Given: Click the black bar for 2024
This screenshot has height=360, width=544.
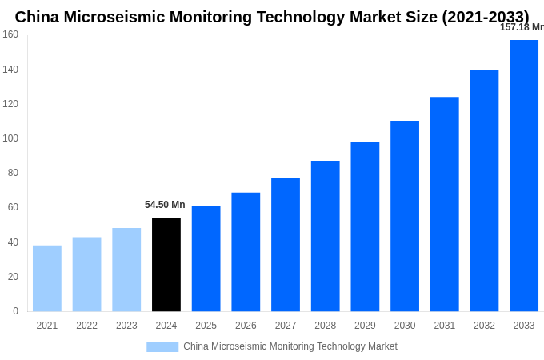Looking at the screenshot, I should [166, 264].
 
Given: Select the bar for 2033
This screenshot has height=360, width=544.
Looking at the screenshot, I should [524, 175].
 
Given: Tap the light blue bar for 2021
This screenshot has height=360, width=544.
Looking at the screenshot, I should [47, 278].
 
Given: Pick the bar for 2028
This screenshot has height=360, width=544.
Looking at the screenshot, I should [325, 235].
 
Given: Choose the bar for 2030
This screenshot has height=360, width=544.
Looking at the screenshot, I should [405, 215].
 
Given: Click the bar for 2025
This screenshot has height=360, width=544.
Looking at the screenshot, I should [206, 258].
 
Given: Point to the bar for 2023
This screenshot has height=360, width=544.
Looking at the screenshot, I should [126, 269].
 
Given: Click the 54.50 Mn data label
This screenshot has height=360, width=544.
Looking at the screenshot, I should [165, 205].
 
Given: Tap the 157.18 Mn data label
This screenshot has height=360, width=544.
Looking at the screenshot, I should [522, 27].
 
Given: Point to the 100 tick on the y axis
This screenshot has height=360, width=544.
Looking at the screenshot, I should [10, 138].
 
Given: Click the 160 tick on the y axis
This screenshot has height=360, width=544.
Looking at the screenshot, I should [10, 34].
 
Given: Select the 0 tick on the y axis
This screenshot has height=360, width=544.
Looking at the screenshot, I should [15, 311].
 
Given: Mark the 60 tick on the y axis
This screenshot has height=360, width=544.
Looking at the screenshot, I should [13, 207].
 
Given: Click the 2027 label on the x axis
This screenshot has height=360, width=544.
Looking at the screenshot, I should [286, 326].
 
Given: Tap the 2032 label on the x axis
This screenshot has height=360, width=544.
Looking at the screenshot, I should [484, 326].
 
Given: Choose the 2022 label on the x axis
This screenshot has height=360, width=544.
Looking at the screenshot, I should [86, 326].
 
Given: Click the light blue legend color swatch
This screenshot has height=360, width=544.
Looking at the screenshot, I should [162, 346].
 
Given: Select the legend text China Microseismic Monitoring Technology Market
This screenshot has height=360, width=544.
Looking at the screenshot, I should [290, 346].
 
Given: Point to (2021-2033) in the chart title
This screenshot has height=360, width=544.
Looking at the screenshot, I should [485, 17].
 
